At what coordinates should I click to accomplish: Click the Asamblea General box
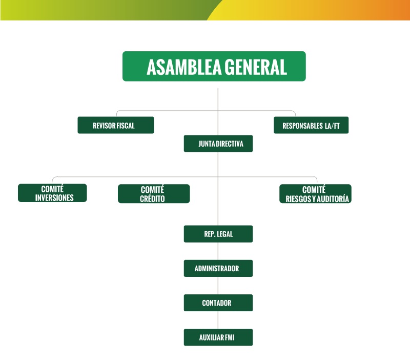pyautogui.click(x=214, y=66)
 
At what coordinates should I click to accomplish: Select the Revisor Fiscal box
pyautogui.click(x=115, y=125)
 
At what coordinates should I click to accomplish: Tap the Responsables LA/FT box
pyautogui.click(x=311, y=125)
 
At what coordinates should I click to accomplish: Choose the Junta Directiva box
pyautogui.click(x=218, y=144)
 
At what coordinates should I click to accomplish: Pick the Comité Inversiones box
pyautogui.click(x=52, y=193)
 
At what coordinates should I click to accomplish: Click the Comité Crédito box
pyautogui.click(x=153, y=193)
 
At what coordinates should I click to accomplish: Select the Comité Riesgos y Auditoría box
pyautogui.click(x=315, y=193)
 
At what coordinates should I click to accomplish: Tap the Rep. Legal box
pyautogui.click(x=218, y=234)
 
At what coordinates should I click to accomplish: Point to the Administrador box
pyautogui.click(x=218, y=268)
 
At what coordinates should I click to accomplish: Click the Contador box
pyautogui.click(x=218, y=303)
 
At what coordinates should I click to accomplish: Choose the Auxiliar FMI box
pyautogui.click(x=218, y=337)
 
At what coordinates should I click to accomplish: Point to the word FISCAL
pyautogui.click(x=125, y=126)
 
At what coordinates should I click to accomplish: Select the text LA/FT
pyautogui.click(x=333, y=126)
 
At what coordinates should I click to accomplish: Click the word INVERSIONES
pyautogui.click(x=54, y=198)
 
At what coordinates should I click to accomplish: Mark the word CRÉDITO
pyautogui.click(x=152, y=198)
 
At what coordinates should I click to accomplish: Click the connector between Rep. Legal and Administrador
pyautogui.click(x=218, y=251)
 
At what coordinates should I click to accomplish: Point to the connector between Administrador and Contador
pyautogui.click(x=218, y=285)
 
